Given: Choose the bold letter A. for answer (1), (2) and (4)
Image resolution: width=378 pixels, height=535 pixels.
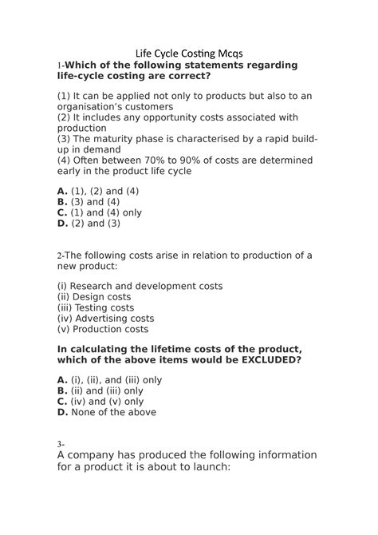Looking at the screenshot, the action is pyautogui.click(x=62, y=192).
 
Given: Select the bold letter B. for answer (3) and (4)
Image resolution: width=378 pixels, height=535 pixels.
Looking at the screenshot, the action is pyautogui.click(x=62, y=202).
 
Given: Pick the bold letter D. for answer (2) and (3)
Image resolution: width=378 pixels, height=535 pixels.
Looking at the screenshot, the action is pyautogui.click(x=62, y=224).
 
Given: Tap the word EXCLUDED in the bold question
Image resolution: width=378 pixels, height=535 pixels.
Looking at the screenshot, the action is pyautogui.click(x=262, y=359).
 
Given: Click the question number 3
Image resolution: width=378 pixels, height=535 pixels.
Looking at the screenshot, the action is pyautogui.click(x=59, y=444).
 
